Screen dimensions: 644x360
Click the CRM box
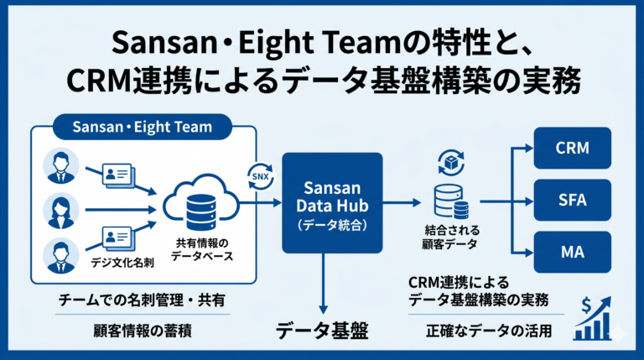tap(572, 148)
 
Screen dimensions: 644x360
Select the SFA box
tap(572, 200)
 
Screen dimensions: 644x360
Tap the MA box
tap(572, 252)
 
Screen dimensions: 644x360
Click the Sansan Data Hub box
tap(332, 203)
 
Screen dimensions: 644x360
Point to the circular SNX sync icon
tap(261, 177)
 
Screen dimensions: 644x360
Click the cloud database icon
tap(201, 202)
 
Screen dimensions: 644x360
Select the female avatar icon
tap(60, 211)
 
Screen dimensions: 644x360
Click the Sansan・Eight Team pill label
tap(143, 127)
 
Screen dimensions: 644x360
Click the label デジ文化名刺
tap(122, 262)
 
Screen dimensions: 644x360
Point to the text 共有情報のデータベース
tap(202, 249)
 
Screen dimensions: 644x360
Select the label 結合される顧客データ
tap(452, 237)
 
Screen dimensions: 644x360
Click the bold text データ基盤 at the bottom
tap(322, 331)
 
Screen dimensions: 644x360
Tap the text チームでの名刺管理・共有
tap(142, 300)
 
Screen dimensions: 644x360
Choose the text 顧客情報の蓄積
tap(143, 331)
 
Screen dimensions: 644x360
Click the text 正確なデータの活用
tap(489, 331)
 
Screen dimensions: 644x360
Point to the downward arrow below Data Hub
tap(324, 284)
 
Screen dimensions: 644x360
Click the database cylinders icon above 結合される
tap(451, 201)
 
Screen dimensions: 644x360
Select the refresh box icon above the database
tap(451, 163)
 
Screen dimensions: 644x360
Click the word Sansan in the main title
tap(164, 44)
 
